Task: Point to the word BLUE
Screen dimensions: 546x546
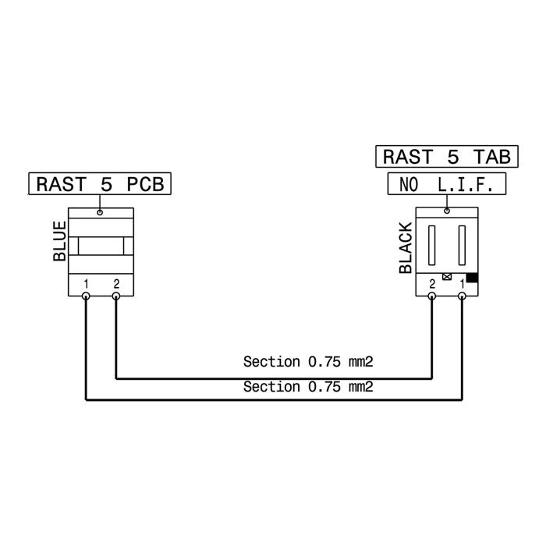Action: click(59, 241)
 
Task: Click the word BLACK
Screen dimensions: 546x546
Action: click(406, 248)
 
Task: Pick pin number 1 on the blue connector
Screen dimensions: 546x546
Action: click(86, 284)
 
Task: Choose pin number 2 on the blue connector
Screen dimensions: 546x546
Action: click(116, 284)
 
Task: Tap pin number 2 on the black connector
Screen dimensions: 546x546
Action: click(432, 284)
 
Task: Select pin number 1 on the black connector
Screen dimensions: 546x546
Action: click(462, 284)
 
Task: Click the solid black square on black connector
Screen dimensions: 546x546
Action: click(472, 278)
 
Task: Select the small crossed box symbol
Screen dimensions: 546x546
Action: click(447, 277)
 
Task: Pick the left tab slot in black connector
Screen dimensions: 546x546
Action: click(432, 245)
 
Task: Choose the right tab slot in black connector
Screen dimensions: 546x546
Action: click(462, 245)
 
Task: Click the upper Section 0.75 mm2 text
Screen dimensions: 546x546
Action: click(308, 362)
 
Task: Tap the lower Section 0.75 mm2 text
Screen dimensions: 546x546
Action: click(308, 387)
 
